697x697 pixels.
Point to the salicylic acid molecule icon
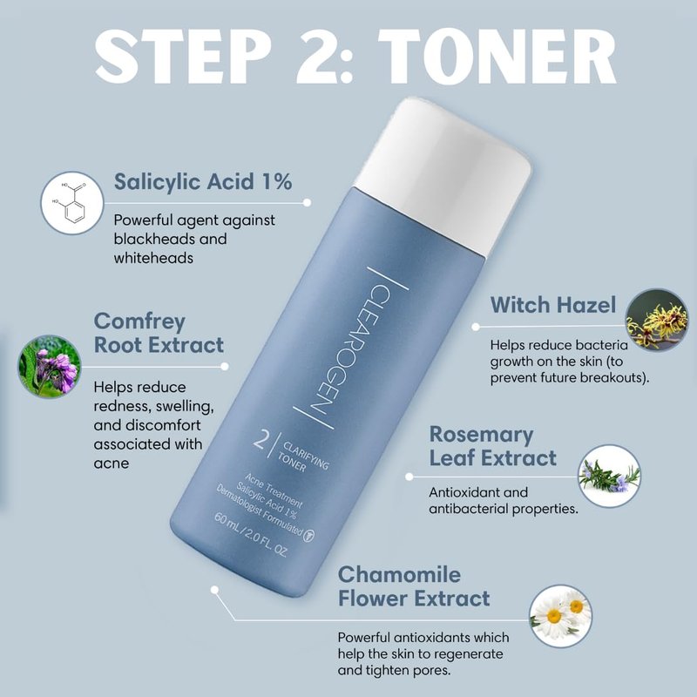point(72,203)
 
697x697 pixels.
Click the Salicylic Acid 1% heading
point(203,182)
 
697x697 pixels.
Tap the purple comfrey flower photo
point(50,366)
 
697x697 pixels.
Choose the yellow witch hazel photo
point(656,320)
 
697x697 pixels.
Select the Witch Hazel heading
point(553,305)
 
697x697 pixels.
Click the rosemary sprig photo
point(609,476)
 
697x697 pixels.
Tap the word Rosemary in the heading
point(481,435)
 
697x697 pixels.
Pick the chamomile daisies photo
point(561,616)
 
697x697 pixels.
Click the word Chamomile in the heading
point(399,574)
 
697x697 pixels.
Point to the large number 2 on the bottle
point(261,438)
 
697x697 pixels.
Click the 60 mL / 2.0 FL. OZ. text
point(251,535)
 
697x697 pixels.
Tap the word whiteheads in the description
point(153,258)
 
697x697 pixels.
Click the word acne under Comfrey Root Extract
point(112,464)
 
